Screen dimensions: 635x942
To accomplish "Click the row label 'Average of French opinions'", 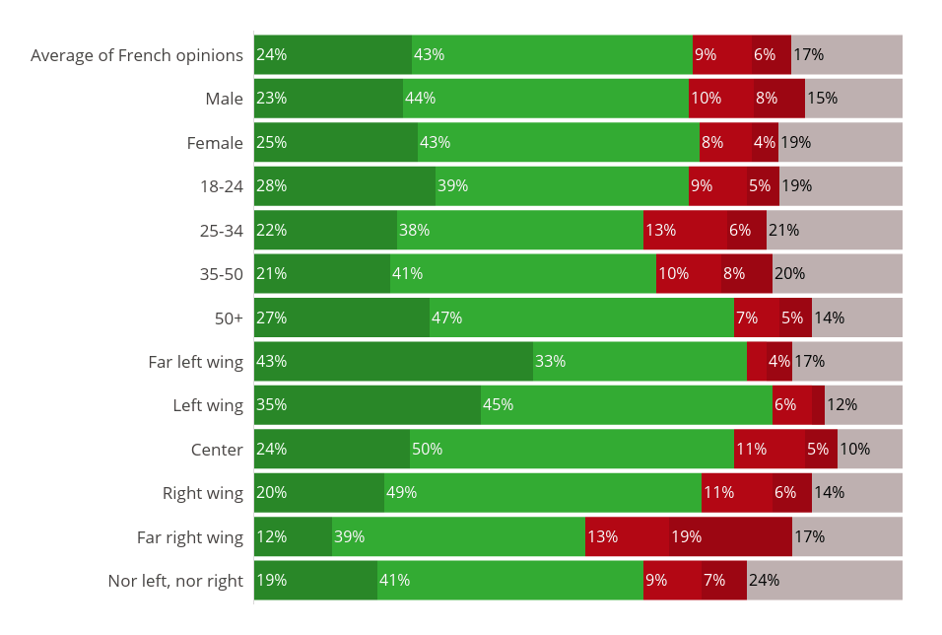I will (137, 55).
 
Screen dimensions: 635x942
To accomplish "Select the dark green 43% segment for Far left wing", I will (393, 361).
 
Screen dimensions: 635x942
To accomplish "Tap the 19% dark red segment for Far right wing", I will (730, 536).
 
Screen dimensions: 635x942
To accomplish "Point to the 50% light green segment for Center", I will (572, 449).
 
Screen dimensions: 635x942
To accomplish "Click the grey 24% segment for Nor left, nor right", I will (824, 580).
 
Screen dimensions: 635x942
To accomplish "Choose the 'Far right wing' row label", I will (190, 537).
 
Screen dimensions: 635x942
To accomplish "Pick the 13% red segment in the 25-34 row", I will (685, 230).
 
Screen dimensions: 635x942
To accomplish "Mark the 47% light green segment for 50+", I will (581, 317).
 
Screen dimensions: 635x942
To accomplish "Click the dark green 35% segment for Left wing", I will (367, 404).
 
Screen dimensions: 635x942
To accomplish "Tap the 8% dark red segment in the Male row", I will (779, 99).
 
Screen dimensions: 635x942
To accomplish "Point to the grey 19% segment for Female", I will (840, 142).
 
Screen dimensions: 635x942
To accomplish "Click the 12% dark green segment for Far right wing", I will (293, 536).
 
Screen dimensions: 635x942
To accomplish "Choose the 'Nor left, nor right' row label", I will (175, 581).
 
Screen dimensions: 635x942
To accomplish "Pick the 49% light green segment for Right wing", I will (542, 492).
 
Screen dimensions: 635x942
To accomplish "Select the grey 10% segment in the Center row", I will (869, 449).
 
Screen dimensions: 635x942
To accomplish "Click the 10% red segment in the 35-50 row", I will (688, 273).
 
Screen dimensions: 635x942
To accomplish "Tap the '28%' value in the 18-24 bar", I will (271, 186).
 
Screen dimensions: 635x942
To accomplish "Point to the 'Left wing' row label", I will (208, 405).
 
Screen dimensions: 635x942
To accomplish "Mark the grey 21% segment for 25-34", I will (834, 230).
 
